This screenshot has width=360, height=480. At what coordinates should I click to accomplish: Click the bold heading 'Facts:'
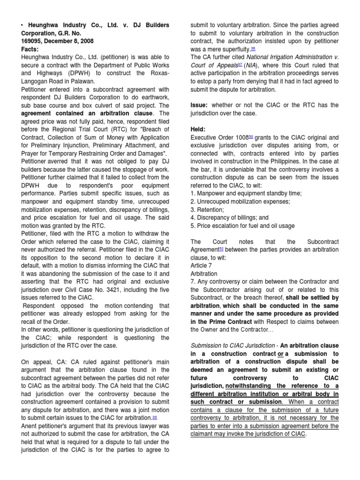tap(30, 49)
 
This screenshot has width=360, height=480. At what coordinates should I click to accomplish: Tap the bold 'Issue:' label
tap(201, 105)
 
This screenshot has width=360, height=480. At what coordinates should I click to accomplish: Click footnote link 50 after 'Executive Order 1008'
tap(250, 137)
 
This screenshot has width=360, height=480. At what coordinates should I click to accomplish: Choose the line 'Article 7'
tap(202, 265)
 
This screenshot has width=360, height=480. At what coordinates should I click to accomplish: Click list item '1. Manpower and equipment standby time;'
tap(246, 194)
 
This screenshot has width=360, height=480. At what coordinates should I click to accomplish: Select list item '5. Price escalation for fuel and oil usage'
tap(242, 225)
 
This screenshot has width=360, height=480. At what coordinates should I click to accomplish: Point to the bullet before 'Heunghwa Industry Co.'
tap(22, 25)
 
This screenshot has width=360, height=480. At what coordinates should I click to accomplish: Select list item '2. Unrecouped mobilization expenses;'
tap(240, 202)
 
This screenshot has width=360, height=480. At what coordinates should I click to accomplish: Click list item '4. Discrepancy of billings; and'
tap(230, 217)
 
